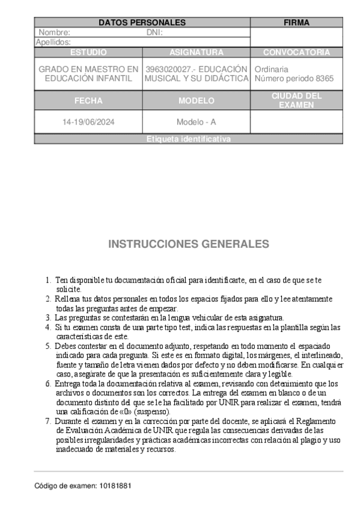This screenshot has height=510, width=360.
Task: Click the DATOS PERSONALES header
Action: (142, 23)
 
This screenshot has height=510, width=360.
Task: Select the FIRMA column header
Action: (296, 23)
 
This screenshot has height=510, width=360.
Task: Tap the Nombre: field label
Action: (55, 32)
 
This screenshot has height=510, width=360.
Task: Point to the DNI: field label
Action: (154, 32)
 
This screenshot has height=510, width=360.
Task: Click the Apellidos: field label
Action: (53, 42)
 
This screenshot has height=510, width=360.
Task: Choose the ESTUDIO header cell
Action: (88, 52)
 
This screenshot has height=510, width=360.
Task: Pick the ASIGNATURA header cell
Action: (196, 52)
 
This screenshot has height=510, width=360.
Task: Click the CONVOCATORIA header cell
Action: (296, 52)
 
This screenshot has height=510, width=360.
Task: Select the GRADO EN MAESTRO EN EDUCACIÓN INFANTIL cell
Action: (88, 74)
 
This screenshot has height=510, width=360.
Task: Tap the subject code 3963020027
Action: (168, 69)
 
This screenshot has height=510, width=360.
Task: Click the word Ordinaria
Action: (272, 69)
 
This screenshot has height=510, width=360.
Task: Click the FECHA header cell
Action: (88, 100)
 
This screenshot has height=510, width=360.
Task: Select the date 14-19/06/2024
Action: (88, 122)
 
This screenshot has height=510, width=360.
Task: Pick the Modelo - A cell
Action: (196, 122)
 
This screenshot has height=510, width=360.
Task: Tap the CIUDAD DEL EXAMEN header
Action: (296, 100)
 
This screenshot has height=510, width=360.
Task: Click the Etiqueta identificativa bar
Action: (188, 139)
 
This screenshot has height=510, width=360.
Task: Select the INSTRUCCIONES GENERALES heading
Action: (188, 244)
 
